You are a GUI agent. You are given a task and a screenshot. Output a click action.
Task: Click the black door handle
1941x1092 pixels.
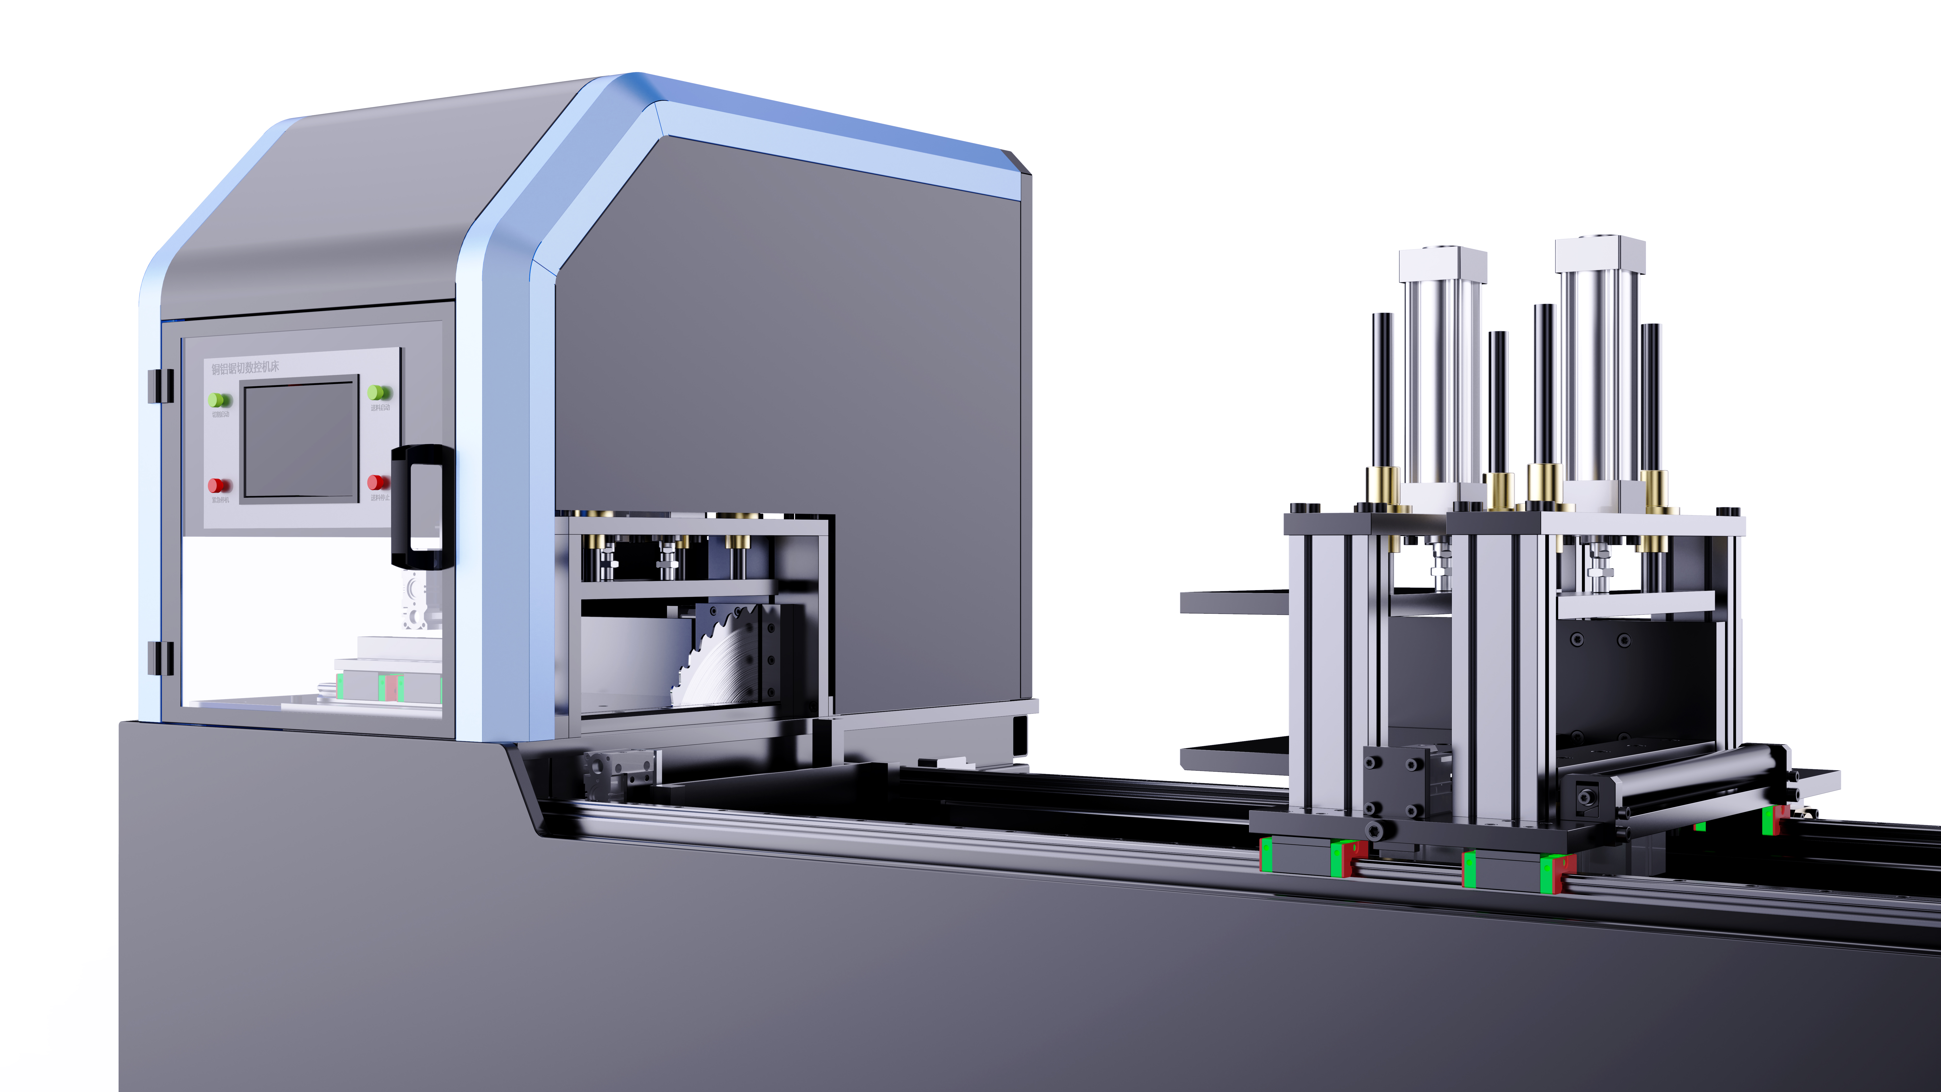tap(422, 506)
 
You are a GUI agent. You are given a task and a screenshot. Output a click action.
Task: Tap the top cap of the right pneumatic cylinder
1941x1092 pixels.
tap(1600, 256)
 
